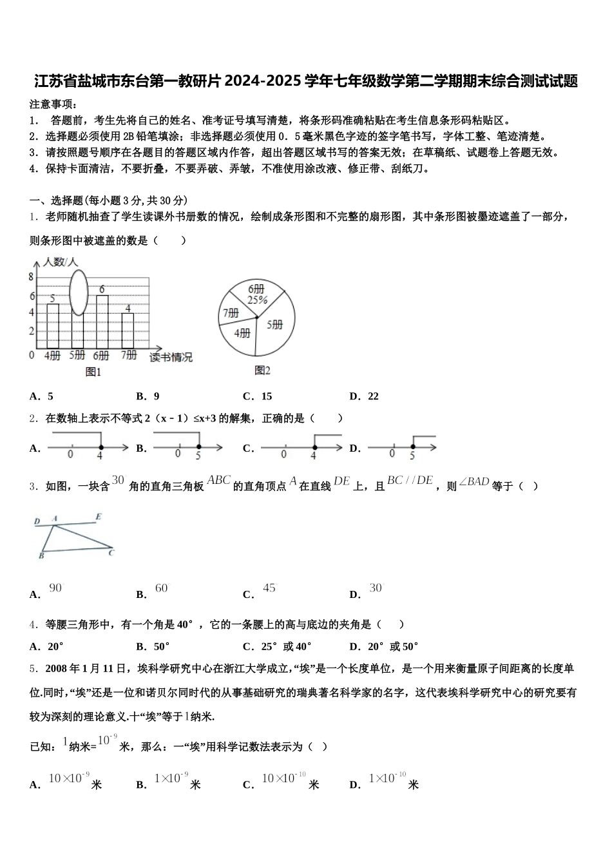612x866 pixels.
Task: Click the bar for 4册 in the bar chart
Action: (x=53, y=325)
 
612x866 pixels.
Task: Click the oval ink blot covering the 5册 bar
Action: (x=78, y=292)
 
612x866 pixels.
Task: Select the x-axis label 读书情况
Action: (x=171, y=358)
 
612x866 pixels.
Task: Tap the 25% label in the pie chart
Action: (x=257, y=300)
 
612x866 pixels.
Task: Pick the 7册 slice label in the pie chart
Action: (x=231, y=313)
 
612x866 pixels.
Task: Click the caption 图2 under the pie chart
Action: (x=262, y=370)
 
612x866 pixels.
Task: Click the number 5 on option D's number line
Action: (x=412, y=455)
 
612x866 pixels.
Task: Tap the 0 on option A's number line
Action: (x=70, y=455)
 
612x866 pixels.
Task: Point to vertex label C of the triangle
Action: (x=111, y=552)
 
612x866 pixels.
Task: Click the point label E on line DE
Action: (x=98, y=517)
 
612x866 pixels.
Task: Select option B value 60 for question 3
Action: (x=161, y=588)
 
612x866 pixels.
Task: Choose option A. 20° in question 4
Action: (x=47, y=646)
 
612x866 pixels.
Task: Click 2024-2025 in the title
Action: (x=263, y=81)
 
